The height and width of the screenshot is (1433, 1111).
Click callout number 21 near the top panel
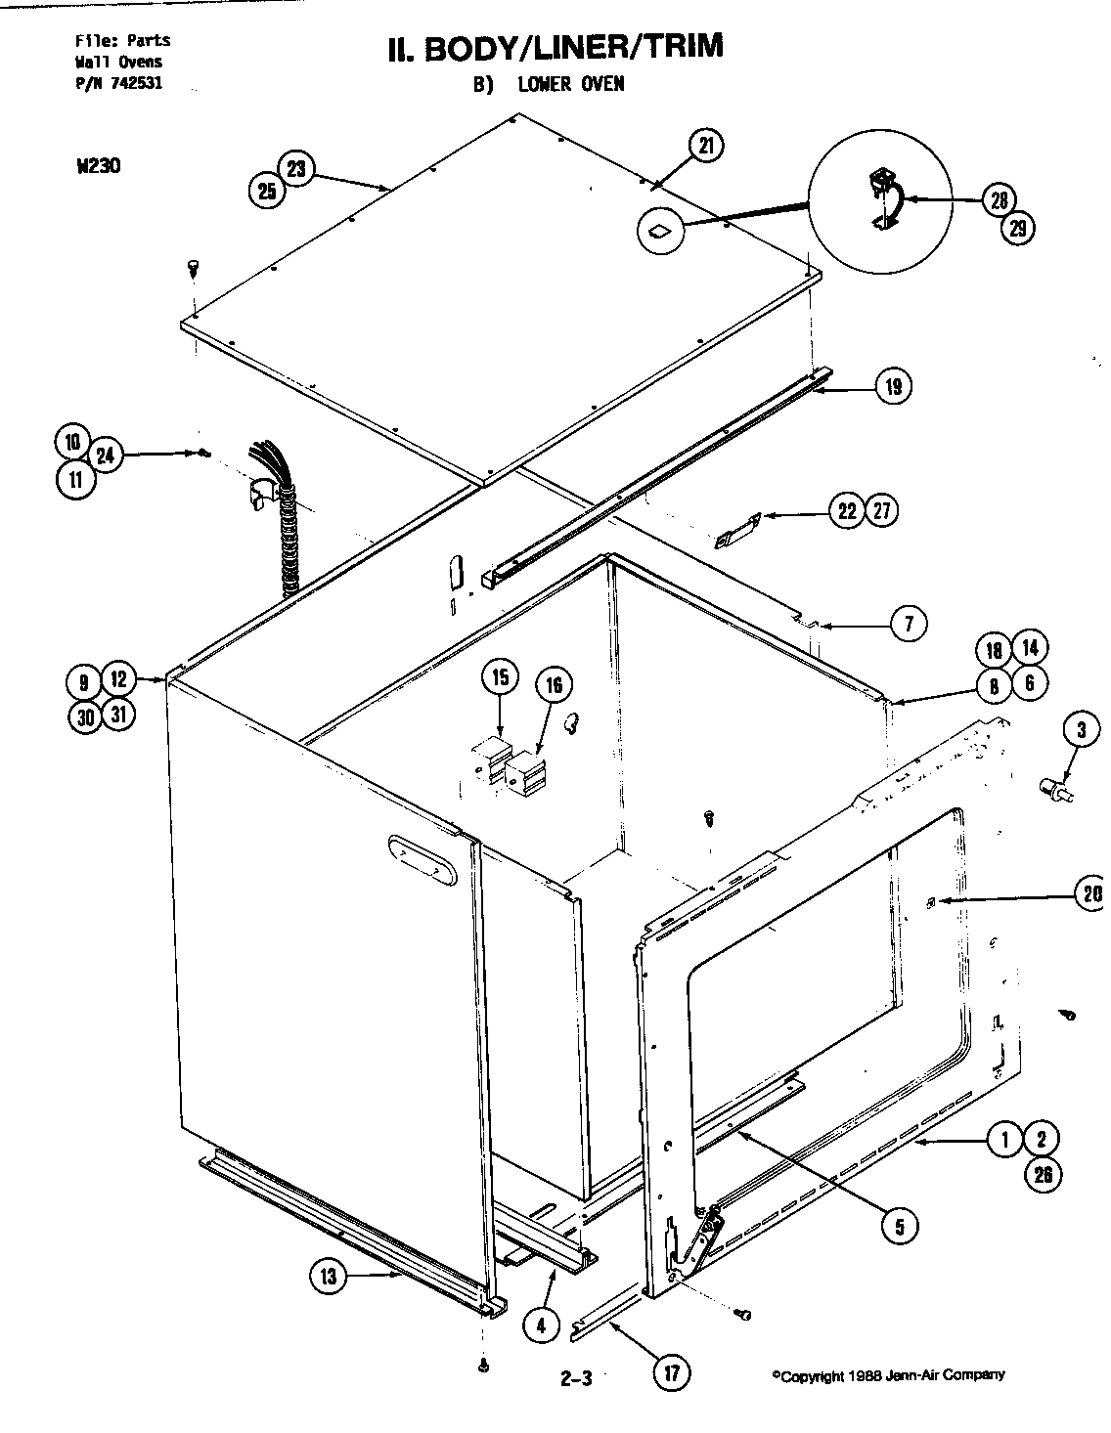pyautogui.click(x=705, y=145)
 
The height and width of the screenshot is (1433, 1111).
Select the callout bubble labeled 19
pyautogui.click(x=893, y=384)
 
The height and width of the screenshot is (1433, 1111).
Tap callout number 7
pyautogui.click(x=909, y=624)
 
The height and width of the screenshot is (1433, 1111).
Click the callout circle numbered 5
pyautogui.click(x=899, y=1225)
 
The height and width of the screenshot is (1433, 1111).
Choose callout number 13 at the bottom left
pyautogui.click(x=329, y=1277)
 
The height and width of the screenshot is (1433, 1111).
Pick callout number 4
pyautogui.click(x=540, y=1324)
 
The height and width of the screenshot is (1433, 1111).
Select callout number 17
pyautogui.click(x=671, y=1371)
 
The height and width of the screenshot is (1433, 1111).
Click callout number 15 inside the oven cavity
pyautogui.click(x=500, y=677)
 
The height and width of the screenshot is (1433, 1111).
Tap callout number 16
pyautogui.click(x=554, y=685)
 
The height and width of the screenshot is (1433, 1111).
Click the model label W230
pyautogui.click(x=98, y=165)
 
